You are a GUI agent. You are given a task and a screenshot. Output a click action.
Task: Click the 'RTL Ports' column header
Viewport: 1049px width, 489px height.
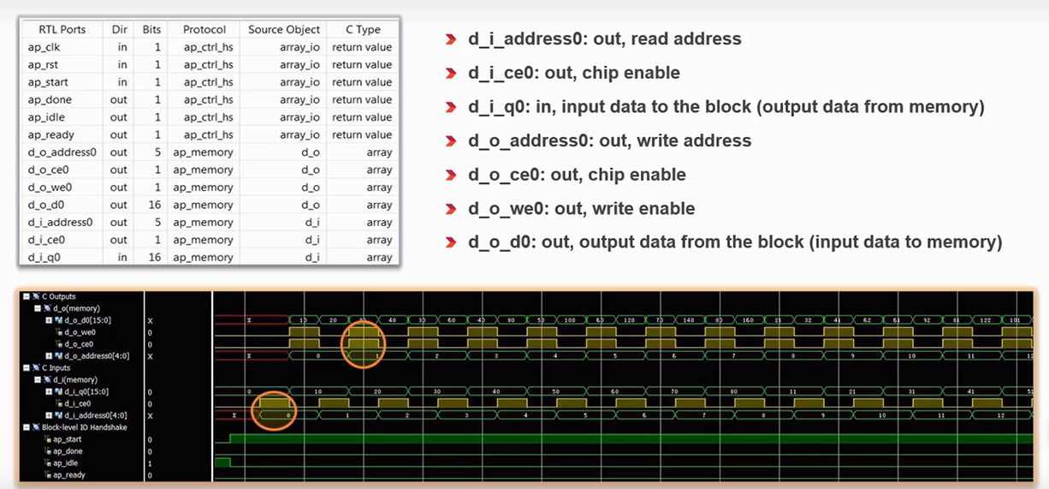[x=62, y=29]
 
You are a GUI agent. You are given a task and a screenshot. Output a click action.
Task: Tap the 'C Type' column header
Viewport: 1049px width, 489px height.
[x=363, y=29]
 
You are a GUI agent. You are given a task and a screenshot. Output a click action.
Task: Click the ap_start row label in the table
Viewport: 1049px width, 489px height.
[x=48, y=82]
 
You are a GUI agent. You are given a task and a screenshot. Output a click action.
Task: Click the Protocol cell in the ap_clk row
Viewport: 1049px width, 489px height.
[x=208, y=47]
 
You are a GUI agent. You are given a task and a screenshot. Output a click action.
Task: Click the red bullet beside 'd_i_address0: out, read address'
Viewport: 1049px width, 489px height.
[x=450, y=39]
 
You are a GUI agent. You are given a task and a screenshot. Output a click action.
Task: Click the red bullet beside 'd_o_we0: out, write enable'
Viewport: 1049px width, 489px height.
[x=450, y=209]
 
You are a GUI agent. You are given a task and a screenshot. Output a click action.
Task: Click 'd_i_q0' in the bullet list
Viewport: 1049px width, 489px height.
[x=499, y=107]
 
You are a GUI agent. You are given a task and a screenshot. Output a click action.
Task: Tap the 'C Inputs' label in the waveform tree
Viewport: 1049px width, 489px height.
[x=56, y=367]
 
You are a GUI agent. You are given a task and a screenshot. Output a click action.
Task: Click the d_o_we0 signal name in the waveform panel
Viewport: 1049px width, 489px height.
[x=80, y=332]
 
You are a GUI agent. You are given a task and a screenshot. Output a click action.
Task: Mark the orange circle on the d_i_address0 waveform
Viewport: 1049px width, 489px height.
[x=274, y=413]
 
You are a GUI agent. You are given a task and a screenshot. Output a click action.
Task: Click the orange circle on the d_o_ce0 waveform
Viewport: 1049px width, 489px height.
[x=363, y=344]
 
